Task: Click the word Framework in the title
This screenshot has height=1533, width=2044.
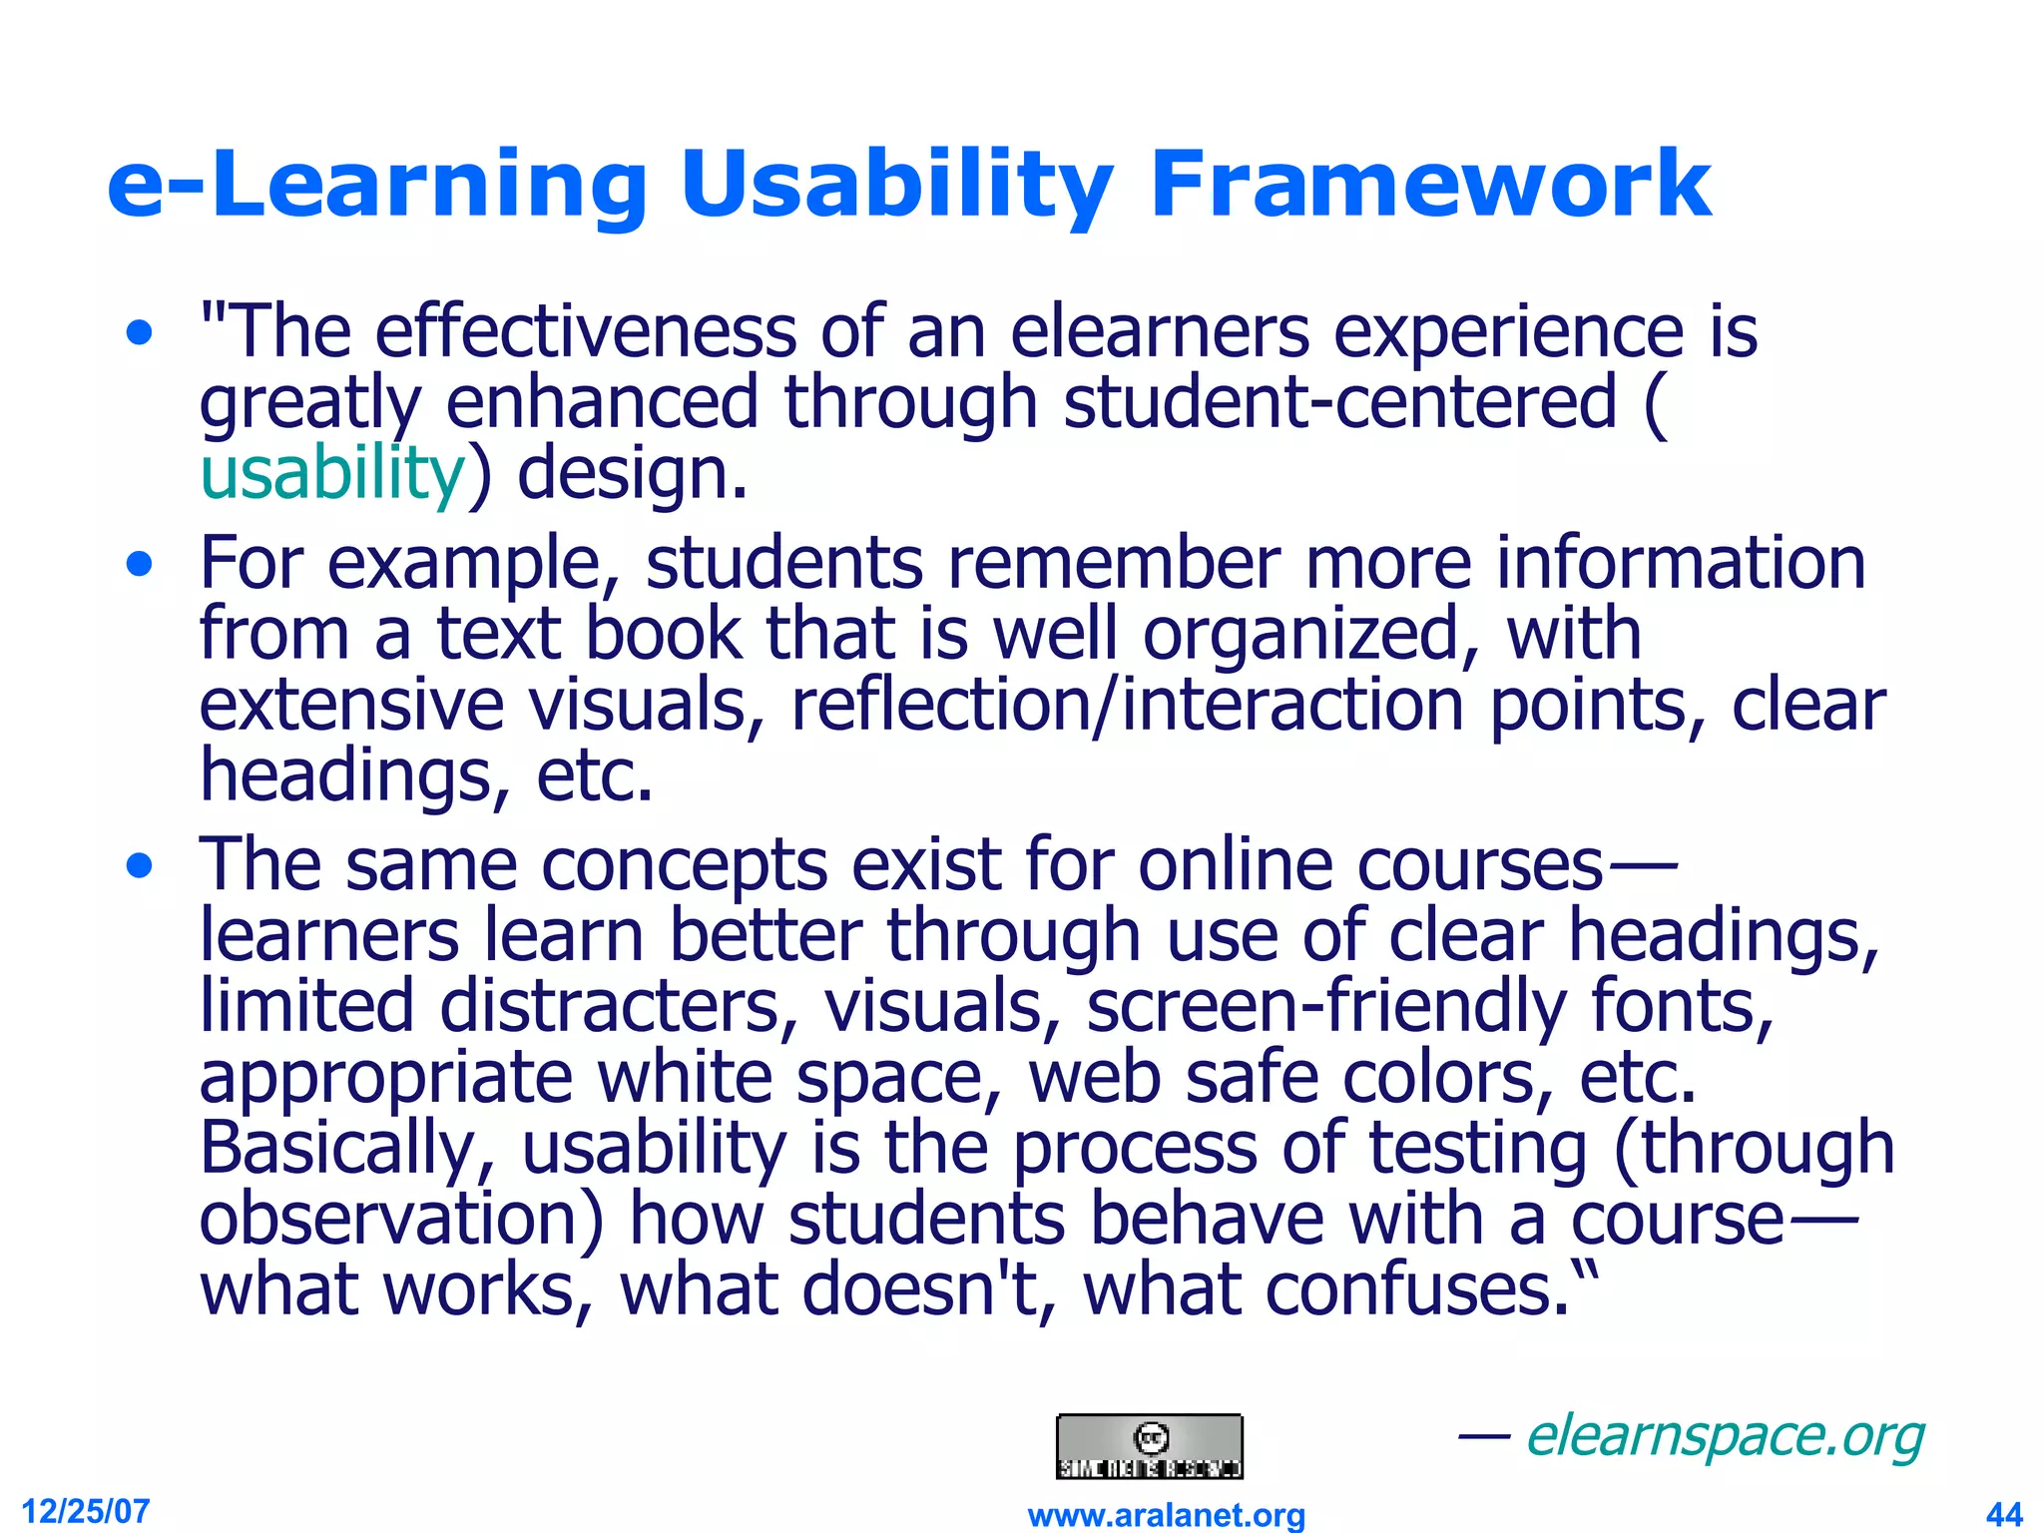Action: click(x=1429, y=185)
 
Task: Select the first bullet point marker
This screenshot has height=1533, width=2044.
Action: click(x=141, y=332)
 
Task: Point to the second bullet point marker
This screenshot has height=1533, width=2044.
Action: click(x=141, y=565)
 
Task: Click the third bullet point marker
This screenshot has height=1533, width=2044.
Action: click(x=141, y=865)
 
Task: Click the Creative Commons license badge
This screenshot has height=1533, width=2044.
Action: click(x=1150, y=1446)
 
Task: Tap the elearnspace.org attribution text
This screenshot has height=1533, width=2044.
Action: click(x=1725, y=1437)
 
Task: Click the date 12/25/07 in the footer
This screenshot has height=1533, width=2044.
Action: click(x=86, y=1511)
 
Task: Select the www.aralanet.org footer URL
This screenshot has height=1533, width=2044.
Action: click(x=1166, y=1515)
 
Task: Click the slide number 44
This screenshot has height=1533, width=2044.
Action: click(x=2004, y=1514)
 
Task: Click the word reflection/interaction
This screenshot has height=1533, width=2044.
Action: click(x=1127, y=706)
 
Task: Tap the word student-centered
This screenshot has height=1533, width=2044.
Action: click(x=1339, y=402)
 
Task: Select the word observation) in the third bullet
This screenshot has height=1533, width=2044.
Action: click(x=402, y=1220)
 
